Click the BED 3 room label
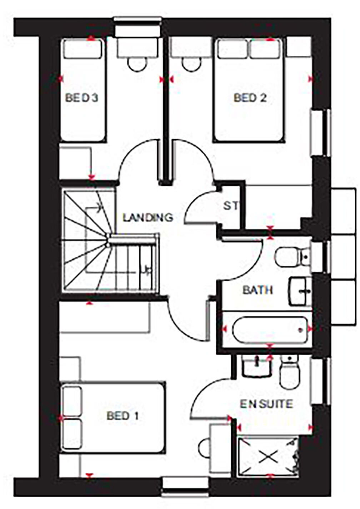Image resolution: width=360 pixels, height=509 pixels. (81, 98)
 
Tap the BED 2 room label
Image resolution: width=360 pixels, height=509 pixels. (250, 98)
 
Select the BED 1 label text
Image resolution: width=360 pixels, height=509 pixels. (122, 416)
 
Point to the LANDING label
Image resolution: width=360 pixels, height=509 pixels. (148, 217)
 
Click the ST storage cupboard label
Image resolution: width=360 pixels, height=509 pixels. (231, 206)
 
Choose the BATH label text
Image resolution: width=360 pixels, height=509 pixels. (257, 290)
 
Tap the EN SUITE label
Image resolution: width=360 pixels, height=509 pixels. (266, 404)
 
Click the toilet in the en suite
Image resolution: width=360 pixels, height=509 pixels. (289, 373)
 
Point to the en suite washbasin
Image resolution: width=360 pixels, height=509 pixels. (256, 365)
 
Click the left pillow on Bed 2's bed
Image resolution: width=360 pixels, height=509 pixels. (232, 49)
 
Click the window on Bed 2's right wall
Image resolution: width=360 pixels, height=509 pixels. (320, 132)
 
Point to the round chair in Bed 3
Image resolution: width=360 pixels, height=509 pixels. (137, 65)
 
